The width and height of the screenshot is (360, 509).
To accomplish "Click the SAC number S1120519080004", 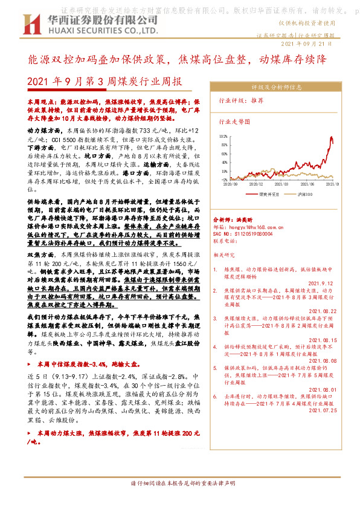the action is pyautogui.click(x=245, y=232).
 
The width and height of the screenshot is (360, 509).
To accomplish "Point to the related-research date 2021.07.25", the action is pyautogui.click(x=327, y=410).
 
